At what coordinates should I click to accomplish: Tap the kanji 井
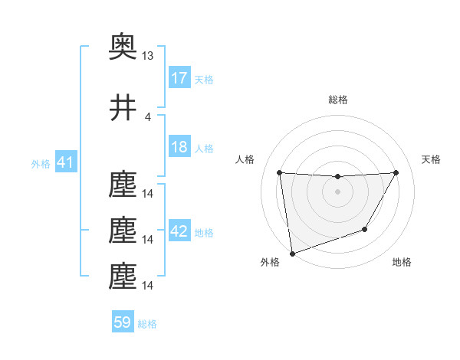[x=123, y=108]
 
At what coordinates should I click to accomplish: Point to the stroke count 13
[x=148, y=56]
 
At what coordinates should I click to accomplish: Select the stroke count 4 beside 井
[x=148, y=116]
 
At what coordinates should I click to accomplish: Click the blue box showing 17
[x=179, y=78]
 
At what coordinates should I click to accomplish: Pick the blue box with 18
[x=179, y=147]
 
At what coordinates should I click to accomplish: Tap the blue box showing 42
[x=179, y=232]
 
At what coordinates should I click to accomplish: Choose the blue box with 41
[x=65, y=162]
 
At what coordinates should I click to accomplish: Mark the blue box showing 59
[x=123, y=323]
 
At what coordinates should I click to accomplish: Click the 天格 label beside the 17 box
[x=204, y=79]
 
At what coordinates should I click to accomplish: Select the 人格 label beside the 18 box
[x=204, y=148]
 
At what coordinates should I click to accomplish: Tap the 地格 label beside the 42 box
[x=204, y=233]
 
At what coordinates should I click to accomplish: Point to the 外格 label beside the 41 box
[x=40, y=163]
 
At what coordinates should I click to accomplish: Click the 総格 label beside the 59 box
[x=147, y=324]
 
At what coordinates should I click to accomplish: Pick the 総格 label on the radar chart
[x=337, y=100]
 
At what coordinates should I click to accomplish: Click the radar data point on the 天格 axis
[x=396, y=172]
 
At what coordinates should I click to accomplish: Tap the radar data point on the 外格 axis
[x=292, y=253]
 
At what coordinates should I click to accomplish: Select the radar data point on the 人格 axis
[x=279, y=172]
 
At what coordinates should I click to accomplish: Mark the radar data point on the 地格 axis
[x=365, y=229]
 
